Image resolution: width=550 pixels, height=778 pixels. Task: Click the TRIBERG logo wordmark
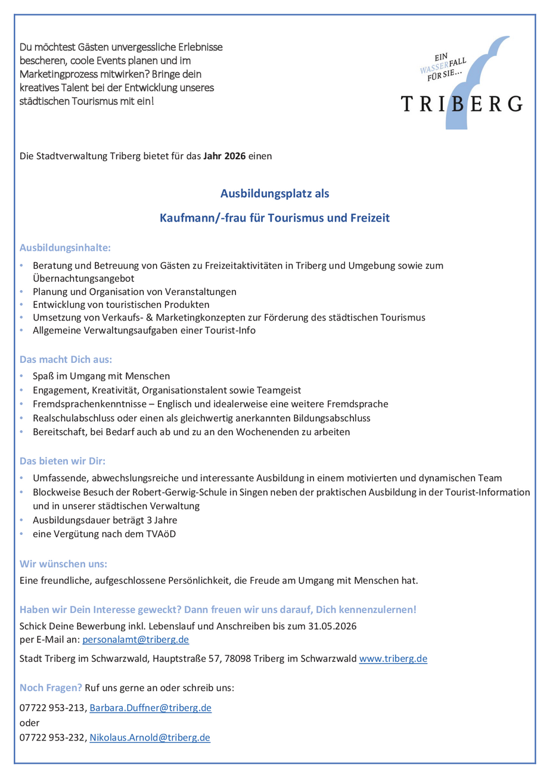pos(462,104)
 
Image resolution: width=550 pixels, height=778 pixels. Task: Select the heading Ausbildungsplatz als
pos(275,194)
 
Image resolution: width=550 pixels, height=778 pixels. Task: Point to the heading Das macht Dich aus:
pos(66,360)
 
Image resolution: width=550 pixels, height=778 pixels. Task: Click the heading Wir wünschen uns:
pos(63,562)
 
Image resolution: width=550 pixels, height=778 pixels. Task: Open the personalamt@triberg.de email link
pos(135,640)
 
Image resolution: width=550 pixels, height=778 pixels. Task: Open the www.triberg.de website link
pos(393,659)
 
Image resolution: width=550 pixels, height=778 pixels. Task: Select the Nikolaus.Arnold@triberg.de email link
pos(150,737)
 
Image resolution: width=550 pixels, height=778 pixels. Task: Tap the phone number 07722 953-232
pos(53,737)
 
